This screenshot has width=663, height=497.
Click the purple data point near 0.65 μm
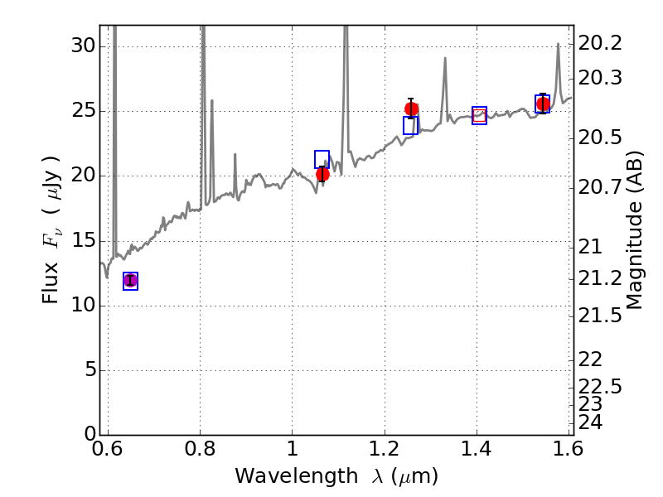(131, 281)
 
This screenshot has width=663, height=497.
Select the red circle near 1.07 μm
(322, 174)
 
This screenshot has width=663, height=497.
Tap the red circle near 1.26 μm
(411, 109)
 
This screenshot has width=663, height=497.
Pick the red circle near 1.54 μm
(543, 104)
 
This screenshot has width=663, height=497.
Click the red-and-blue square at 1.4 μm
(480, 115)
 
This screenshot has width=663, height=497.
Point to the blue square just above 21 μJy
(322, 159)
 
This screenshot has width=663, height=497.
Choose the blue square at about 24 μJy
(410, 126)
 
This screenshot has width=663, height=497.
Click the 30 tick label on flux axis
(84, 46)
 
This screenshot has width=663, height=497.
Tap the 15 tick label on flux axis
(84, 241)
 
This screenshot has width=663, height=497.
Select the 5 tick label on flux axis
(90, 370)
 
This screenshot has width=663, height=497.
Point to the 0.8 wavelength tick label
(200, 448)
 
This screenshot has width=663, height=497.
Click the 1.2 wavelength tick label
(385, 448)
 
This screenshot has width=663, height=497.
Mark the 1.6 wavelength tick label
(569, 448)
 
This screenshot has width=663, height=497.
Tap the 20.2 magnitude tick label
(600, 43)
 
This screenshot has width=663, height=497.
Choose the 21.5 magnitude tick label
(600, 316)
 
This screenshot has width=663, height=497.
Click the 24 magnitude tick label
(590, 422)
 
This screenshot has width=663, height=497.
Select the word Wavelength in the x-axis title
(297, 476)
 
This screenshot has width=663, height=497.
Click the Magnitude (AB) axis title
(634, 230)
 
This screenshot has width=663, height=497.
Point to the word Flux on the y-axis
(51, 283)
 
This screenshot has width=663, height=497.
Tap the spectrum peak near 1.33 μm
(445, 58)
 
